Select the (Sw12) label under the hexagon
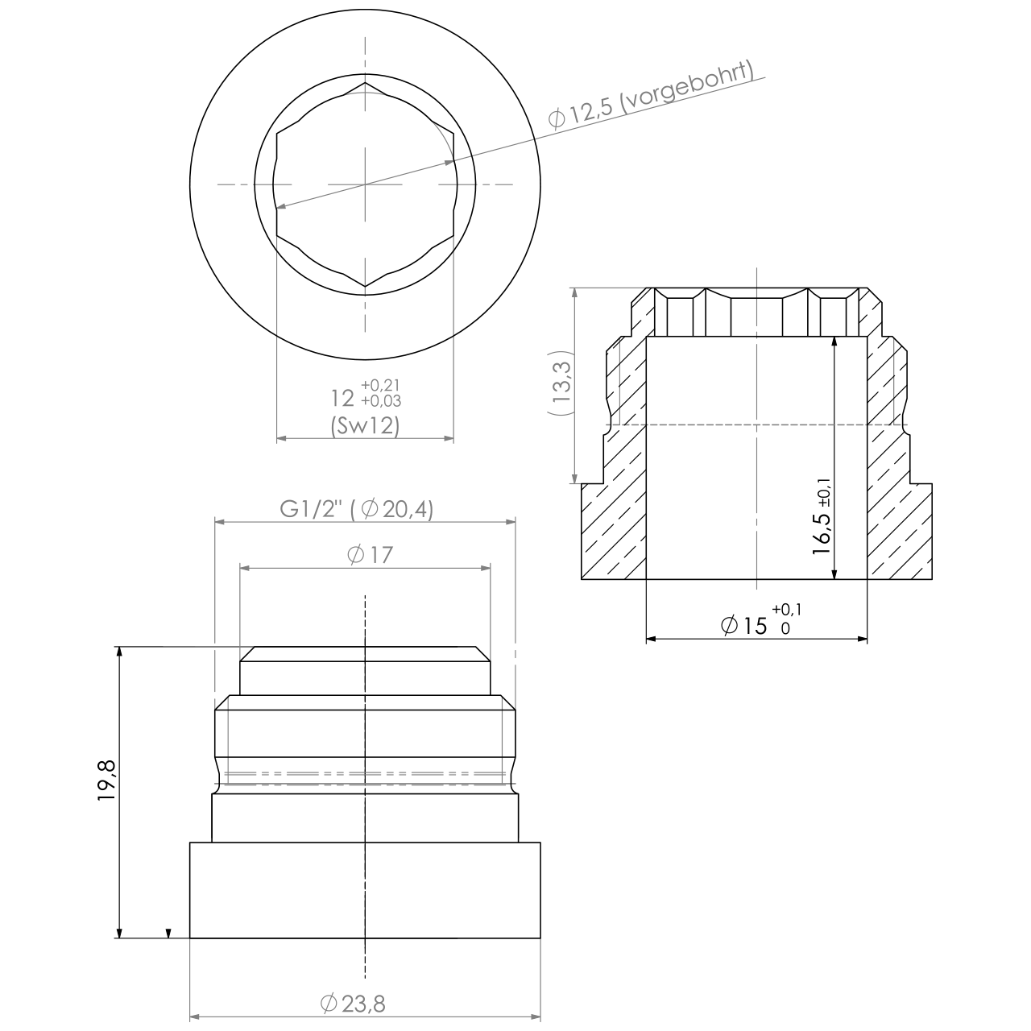(x=365, y=424)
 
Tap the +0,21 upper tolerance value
(x=381, y=384)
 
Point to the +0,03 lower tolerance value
(x=381, y=400)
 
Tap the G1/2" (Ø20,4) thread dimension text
(x=356, y=509)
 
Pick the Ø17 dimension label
(x=367, y=554)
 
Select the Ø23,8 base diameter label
(x=353, y=1004)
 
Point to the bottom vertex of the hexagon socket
(x=365, y=287)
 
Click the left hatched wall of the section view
(x=615, y=515)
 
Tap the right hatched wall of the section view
(x=897, y=515)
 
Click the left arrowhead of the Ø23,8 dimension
(x=196, y=1017)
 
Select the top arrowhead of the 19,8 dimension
(x=119, y=652)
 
